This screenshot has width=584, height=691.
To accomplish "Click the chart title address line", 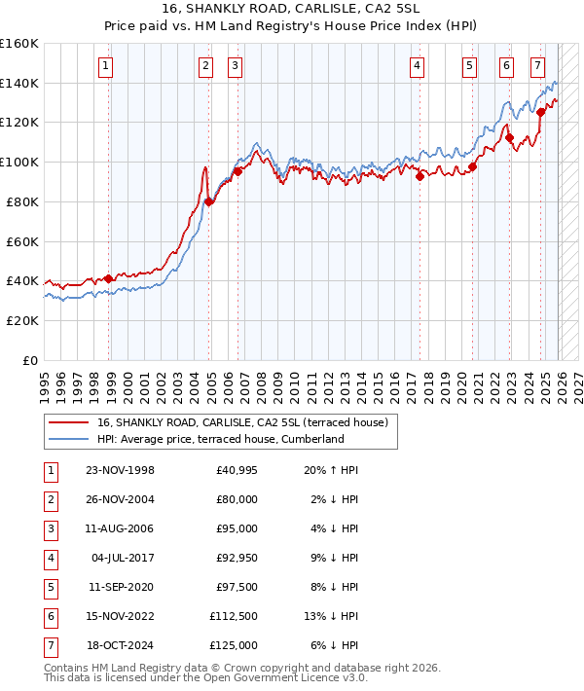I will coord(291,9).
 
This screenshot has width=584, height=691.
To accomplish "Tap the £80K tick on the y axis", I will coord(19,201).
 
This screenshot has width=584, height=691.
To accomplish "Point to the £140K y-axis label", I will coord(19,83).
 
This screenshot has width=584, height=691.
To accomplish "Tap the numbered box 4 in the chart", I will coord(416,66).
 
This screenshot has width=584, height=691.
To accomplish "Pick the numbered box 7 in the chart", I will coord(537,66).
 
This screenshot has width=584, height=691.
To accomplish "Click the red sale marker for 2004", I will coord(209,201).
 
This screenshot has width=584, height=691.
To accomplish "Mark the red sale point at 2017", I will coord(420,176).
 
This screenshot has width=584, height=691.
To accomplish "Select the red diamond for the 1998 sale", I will coord(108,279).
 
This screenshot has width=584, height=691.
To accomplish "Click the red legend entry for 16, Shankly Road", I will coord(242,422).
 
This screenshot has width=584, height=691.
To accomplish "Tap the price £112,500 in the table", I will coord(234,616).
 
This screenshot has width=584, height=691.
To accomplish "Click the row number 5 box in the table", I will coord(50,588).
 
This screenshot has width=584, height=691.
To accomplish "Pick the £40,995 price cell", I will coord(234,470).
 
